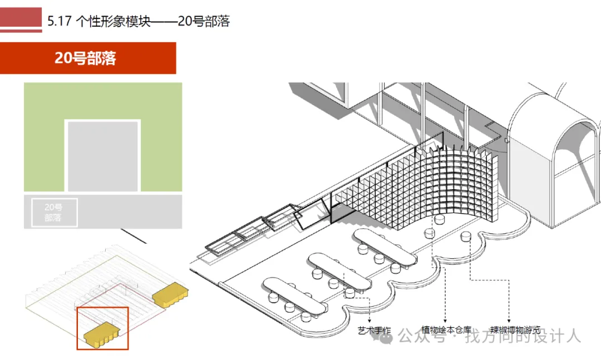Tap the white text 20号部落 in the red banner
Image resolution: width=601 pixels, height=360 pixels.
click(85, 58)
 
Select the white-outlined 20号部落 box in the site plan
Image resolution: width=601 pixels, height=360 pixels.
click(54, 213)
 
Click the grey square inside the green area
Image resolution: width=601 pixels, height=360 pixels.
click(103, 156)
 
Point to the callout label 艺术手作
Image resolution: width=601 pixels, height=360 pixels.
click(373, 331)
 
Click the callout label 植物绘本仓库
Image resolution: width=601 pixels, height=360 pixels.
click(446, 330)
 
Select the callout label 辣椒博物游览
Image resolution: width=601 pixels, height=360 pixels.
click(515, 330)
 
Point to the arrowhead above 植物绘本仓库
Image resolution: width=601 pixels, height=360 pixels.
click(445, 321)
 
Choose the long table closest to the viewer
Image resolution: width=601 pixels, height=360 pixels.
click(295, 296)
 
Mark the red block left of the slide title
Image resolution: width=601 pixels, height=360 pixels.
click(21, 19)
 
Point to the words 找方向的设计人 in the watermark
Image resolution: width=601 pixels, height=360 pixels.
click(523, 336)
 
